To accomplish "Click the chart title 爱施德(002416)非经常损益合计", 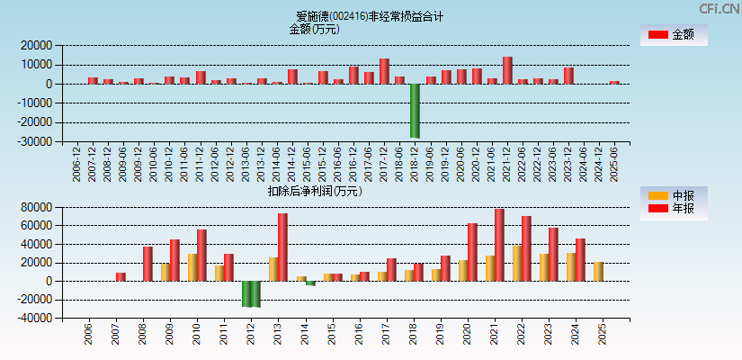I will coord(370,16).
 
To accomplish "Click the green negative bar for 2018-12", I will coord(415,110).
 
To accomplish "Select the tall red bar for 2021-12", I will coord(507,70).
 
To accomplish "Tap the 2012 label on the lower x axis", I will coord(251,336).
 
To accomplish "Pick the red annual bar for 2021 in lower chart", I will coord(499,245).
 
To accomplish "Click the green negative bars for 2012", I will coord(251,293).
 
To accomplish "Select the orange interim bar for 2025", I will coord(598,271).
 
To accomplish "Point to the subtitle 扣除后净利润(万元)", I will coord(314,191).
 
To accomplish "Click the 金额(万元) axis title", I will coord(314,29).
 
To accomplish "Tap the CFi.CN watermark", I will coord(719,9).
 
